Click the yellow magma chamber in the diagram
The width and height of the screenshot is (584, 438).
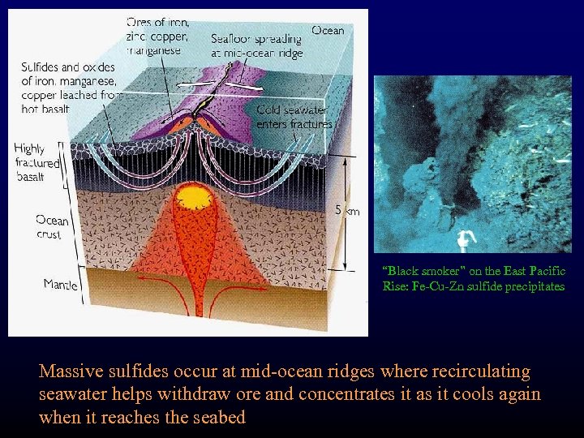tap(194, 197)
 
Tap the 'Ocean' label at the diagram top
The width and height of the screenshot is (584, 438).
tap(328, 31)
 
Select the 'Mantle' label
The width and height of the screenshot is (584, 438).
tap(61, 284)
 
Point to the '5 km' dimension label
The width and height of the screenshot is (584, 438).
tap(348, 210)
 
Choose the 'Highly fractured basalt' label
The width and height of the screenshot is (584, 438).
tap(37, 163)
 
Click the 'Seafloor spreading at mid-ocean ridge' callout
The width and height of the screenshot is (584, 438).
tap(256, 45)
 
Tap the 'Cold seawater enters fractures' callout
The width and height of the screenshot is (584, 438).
tap(294, 117)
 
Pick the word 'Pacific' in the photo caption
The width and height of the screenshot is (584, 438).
tap(546, 272)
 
